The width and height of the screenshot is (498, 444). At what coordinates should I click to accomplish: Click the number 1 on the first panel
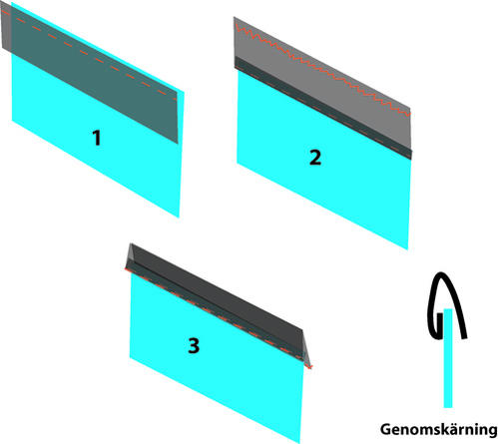[x=97, y=138]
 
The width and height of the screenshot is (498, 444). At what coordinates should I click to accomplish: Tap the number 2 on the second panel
[x=315, y=158]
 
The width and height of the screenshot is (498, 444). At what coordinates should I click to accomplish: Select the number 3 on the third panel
[x=194, y=345]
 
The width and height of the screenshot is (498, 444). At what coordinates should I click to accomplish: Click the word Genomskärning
[x=438, y=430]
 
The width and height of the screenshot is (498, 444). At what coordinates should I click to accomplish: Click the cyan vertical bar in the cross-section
[x=448, y=358]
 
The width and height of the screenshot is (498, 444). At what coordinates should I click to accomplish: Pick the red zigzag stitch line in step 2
[x=322, y=69]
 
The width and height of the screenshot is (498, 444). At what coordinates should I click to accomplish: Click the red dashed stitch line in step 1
[x=89, y=55]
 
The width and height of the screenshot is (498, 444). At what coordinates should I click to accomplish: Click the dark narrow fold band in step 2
[x=323, y=108]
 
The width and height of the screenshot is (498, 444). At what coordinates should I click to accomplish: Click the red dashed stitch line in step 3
[x=219, y=317]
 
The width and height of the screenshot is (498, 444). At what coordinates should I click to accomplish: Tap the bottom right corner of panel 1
[x=179, y=218]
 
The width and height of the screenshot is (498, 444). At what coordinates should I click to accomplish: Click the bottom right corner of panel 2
[x=408, y=249]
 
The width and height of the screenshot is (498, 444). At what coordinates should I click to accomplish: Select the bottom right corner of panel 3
[x=300, y=443]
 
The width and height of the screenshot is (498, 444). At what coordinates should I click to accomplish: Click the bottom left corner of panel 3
[x=130, y=357]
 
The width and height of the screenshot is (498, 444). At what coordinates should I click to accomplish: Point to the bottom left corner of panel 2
[x=237, y=163]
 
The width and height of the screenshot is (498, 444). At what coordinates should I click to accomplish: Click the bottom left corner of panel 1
[x=12, y=121]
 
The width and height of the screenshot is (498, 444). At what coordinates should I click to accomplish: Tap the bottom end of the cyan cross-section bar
[x=448, y=407]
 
